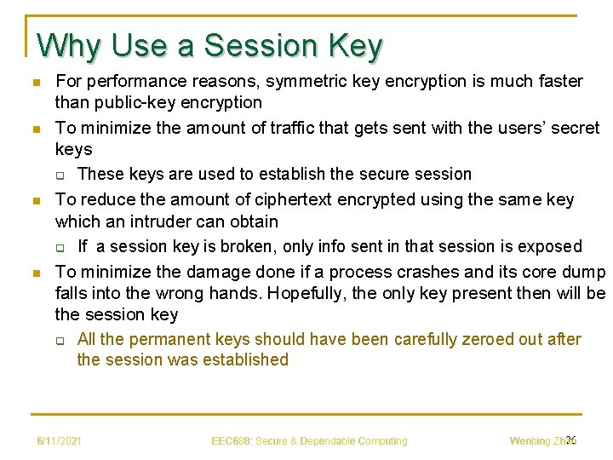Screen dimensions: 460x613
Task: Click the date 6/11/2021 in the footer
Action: tap(59, 441)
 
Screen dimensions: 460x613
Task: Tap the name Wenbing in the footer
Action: tap(530, 441)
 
